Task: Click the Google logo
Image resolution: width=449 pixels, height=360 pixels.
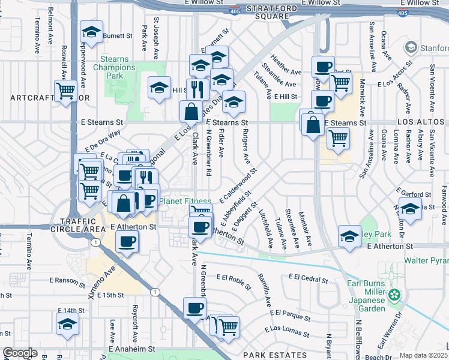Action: click(20, 353)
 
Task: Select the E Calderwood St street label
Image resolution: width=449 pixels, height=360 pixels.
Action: click(238, 184)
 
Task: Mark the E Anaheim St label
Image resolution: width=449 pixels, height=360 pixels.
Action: click(131, 348)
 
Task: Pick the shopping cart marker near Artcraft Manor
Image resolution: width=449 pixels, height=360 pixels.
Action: click(65, 91)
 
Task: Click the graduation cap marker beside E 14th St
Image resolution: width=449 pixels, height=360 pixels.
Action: click(67, 324)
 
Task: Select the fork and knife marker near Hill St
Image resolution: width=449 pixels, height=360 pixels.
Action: click(197, 89)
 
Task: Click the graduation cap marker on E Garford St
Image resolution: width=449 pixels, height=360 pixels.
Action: click(410, 209)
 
